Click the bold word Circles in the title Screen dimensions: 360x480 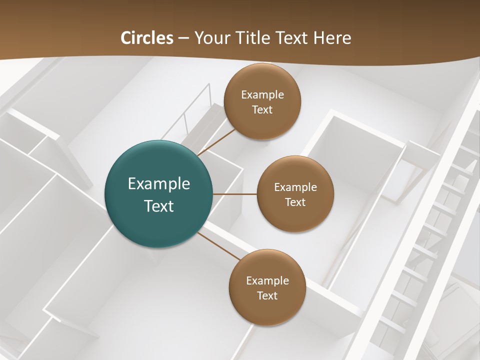[x=147, y=38]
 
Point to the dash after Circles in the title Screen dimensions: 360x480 [x=184, y=38]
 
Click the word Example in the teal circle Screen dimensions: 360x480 [x=159, y=184]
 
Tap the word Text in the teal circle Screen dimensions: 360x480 [x=159, y=206]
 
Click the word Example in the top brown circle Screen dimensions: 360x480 [x=262, y=95]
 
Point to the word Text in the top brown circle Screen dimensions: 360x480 [x=262, y=110]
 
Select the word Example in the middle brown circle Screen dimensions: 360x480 [x=295, y=187]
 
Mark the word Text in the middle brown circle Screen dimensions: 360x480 [x=295, y=202]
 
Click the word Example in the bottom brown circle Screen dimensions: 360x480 [x=267, y=281]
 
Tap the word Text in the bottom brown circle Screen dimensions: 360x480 [x=267, y=296]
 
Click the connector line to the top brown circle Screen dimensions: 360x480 [x=216, y=141]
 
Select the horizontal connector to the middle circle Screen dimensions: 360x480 [x=234, y=194]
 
